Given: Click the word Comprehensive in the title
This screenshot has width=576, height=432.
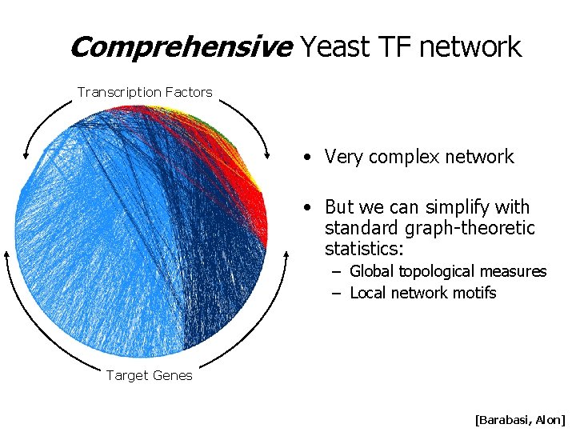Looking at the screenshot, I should (x=181, y=48).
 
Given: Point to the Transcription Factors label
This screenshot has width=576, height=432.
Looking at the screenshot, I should (x=145, y=92).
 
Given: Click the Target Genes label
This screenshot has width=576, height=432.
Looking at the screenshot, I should (x=150, y=376).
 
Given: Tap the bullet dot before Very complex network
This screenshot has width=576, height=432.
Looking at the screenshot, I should (x=307, y=157).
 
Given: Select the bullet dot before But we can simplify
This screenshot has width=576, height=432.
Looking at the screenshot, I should (x=307, y=208).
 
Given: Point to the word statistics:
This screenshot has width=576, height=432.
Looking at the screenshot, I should (x=364, y=250).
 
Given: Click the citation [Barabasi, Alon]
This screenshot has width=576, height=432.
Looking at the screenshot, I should (x=520, y=419).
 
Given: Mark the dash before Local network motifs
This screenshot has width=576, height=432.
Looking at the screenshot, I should (x=337, y=293).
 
